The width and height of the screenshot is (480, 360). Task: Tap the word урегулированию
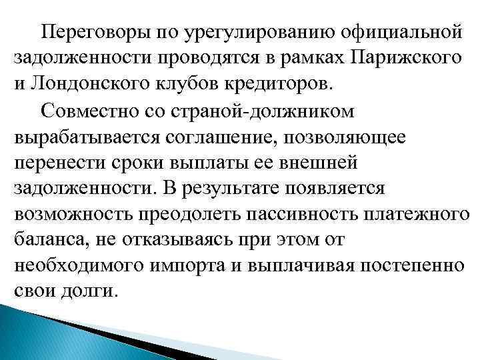click(241, 32)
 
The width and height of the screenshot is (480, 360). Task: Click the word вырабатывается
click(76, 136)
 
